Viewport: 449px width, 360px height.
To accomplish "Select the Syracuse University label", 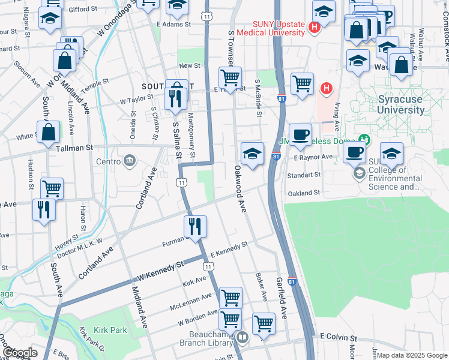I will [x=401, y=104].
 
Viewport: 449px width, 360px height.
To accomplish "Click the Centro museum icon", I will [x=129, y=161].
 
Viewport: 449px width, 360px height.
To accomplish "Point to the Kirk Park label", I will [x=110, y=330].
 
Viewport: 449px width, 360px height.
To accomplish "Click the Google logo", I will [x=19, y=353].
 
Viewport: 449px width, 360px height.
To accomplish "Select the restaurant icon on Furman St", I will [x=195, y=227].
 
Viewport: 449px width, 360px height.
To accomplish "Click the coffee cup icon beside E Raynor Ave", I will [x=355, y=153].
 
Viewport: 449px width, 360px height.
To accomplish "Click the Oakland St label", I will [x=303, y=193].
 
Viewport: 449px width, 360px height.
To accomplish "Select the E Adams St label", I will [x=173, y=24].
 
